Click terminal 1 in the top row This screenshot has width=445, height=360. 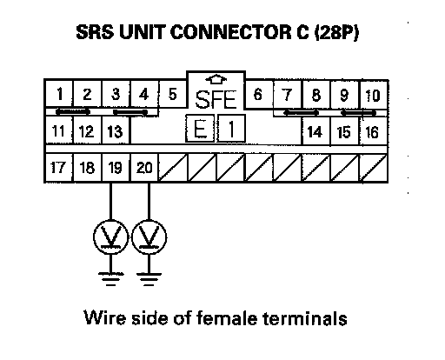click(59, 94)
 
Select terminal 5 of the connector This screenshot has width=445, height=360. click(173, 94)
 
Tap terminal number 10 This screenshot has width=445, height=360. click(374, 95)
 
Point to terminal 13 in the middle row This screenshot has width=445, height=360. click(116, 130)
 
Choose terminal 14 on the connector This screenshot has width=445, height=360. click(315, 131)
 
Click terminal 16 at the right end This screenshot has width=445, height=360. click(373, 131)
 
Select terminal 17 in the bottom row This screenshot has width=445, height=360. click(59, 168)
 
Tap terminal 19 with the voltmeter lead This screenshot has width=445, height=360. click(116, 168)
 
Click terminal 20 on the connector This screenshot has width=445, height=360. click(144, 168)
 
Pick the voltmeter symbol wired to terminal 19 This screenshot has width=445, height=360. click(110, 237)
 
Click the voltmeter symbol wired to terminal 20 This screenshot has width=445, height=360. click(149, 237)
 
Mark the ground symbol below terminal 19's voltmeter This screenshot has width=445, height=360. click(110, 279)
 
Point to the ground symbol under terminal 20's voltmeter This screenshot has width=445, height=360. click(149, 279)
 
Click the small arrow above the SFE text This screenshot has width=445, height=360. click(216, 80)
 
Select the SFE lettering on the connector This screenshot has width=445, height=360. click(216, 100)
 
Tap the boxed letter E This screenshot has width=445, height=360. click(200, 128)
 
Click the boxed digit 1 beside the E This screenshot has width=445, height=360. click(231, 128)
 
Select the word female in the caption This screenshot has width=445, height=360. click(227, 317)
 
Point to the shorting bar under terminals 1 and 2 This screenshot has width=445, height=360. click(73, 111)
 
